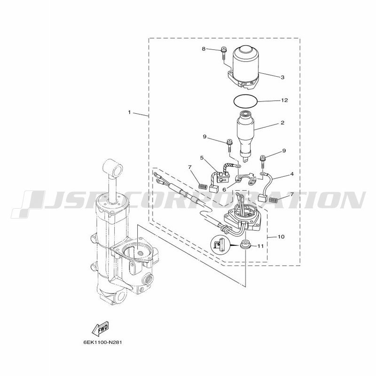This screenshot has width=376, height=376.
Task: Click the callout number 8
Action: [x=204, y=49]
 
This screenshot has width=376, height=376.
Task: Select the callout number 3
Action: [x=282, y=77]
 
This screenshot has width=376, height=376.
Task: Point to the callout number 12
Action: [x=284, y=100]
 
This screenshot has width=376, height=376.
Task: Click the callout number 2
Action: [x=282, y=123]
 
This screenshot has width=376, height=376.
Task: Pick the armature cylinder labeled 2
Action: [x=245, y=136]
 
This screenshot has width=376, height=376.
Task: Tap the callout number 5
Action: [x=202, y=158]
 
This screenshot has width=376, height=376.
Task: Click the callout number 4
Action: [x=292, y=174]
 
